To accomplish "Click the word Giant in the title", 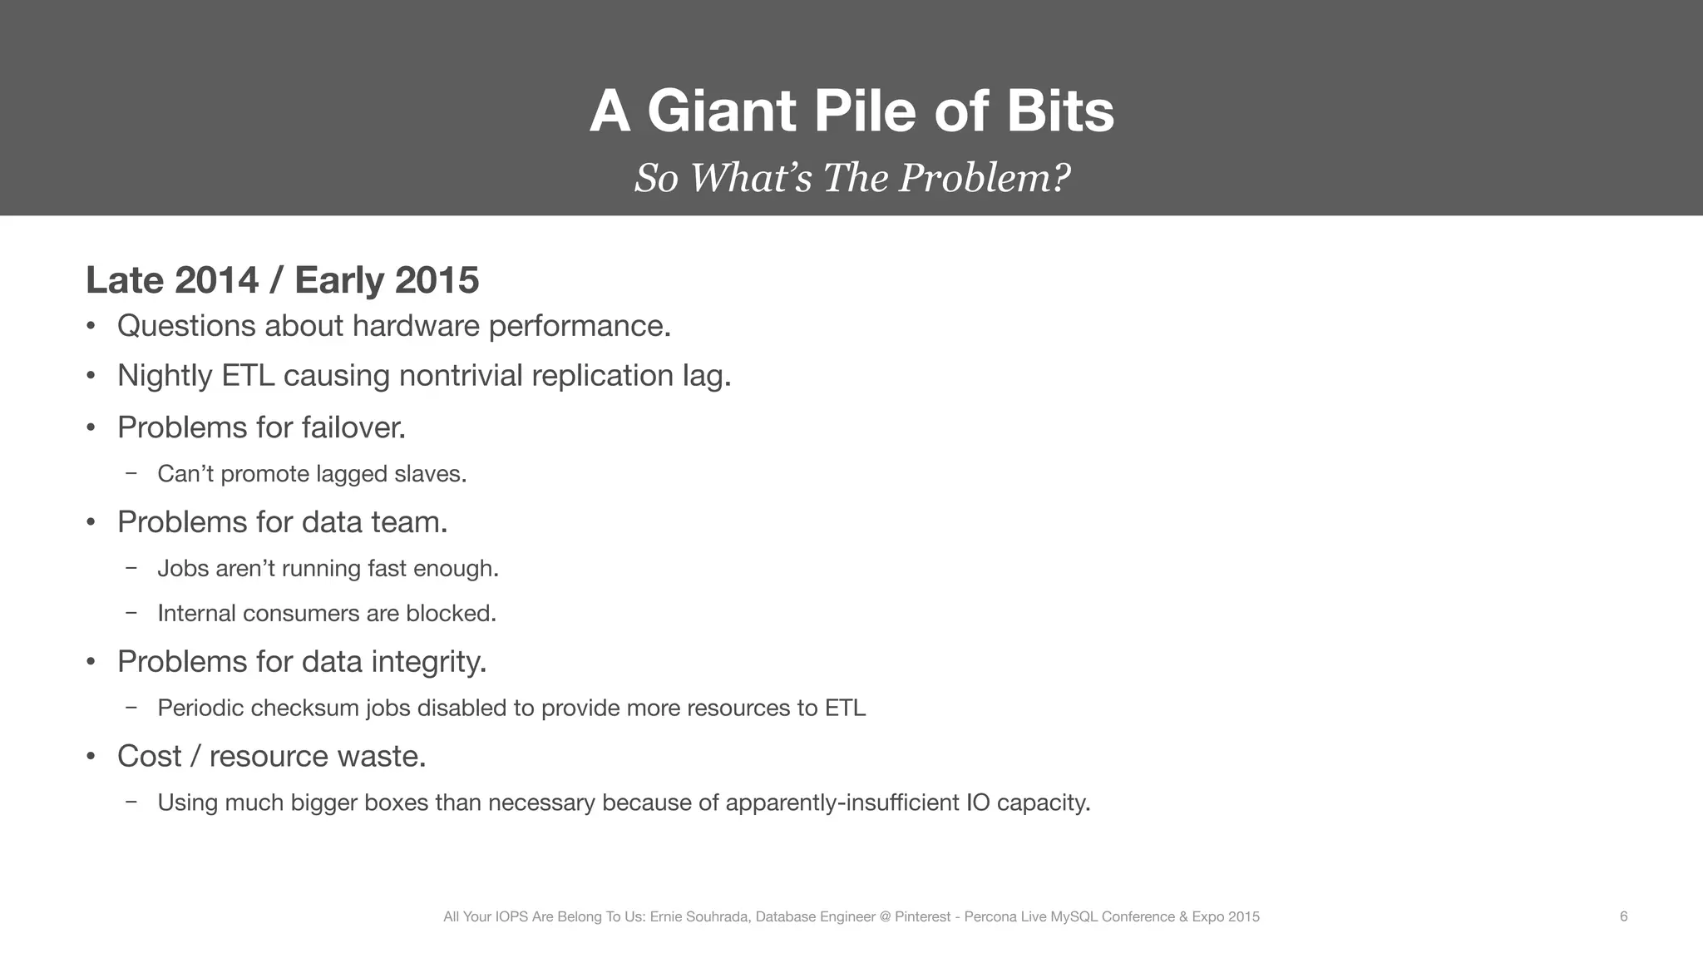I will pyautogui.click(x=722, y=111).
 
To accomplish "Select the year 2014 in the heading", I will pyautogui.click(x=216, y=280).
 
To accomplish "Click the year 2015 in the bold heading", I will pyautogui.click(x=437, y=280).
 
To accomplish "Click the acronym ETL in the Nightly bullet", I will pyautogui.click(x=248, y=376).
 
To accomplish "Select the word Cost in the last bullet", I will pyautogui.click(x=149, y=757).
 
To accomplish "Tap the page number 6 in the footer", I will pyautogui.click(x=1623, y=917).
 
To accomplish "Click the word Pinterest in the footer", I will pyautogui.click(x=922, y=917).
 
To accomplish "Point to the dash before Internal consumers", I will pyautogui.click(x=131, y=613).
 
